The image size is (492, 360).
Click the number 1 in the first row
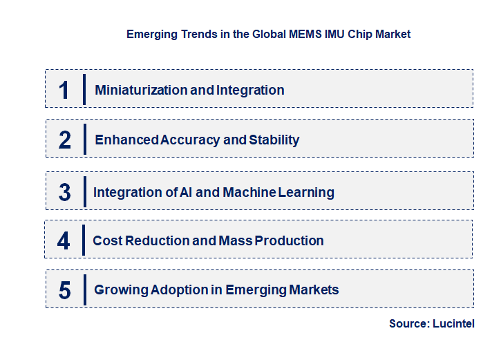(64, 90)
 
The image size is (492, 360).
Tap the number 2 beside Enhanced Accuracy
(65, 140)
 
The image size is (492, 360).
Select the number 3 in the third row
(64, 193)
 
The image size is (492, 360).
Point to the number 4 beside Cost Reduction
(64, 240)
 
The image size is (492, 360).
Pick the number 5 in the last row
(64, 290)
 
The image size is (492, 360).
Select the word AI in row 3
(185, 192)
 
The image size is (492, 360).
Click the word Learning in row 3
(306, 192)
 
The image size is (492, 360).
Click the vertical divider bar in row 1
(84, 89)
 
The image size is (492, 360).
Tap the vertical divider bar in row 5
(84, 290)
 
